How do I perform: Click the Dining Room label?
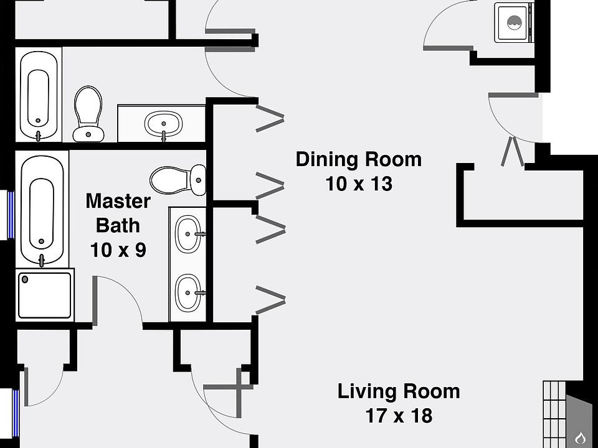point(358,159)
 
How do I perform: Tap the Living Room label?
point(399,391)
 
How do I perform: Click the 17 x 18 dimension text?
point(399,415)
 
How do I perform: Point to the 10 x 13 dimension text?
point(359,184)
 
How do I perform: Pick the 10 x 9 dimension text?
point(118,250)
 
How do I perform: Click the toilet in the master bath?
point(178,179)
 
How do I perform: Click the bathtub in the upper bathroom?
point(39,95)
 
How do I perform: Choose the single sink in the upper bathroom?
point(163,123)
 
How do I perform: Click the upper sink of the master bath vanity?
point(187,234)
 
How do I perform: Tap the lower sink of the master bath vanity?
point(187,292)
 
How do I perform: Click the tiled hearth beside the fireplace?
point(553,413)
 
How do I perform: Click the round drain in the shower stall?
point(26,279)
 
